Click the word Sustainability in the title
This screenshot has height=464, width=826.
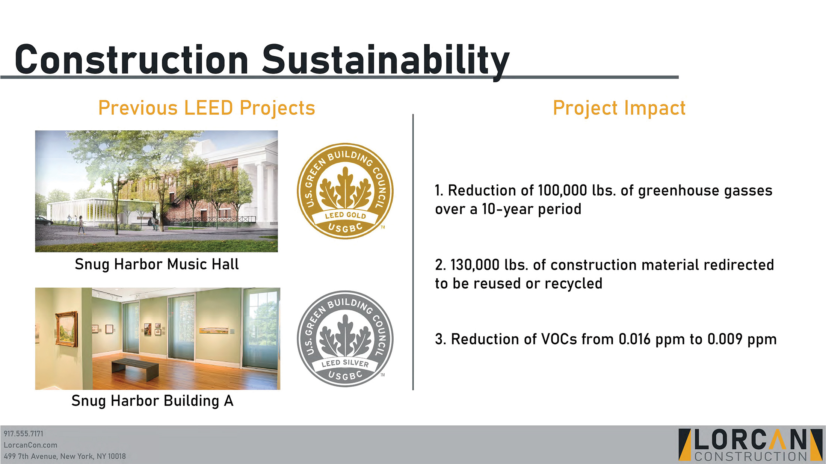click(x=386, y=60)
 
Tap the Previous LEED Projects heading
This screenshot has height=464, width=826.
click(x=207, y=108)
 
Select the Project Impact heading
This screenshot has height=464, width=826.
click(x=619, y=108)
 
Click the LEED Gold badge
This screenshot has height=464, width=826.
click(x=345, y=191)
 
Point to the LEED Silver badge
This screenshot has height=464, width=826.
click(x=345, y=339)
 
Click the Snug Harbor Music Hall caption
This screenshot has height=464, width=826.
click(x=157, y=264)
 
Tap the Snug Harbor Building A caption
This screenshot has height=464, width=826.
click(x=153, y=401)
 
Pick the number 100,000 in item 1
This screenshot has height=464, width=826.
click(x=562, y=190)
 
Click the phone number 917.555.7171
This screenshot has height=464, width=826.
click(x=24, y=434)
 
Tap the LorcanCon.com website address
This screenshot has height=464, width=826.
click(x=30, y=445)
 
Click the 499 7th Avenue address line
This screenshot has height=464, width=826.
click(x=65, y=456)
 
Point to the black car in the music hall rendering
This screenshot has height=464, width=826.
click(x=44, y=221)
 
